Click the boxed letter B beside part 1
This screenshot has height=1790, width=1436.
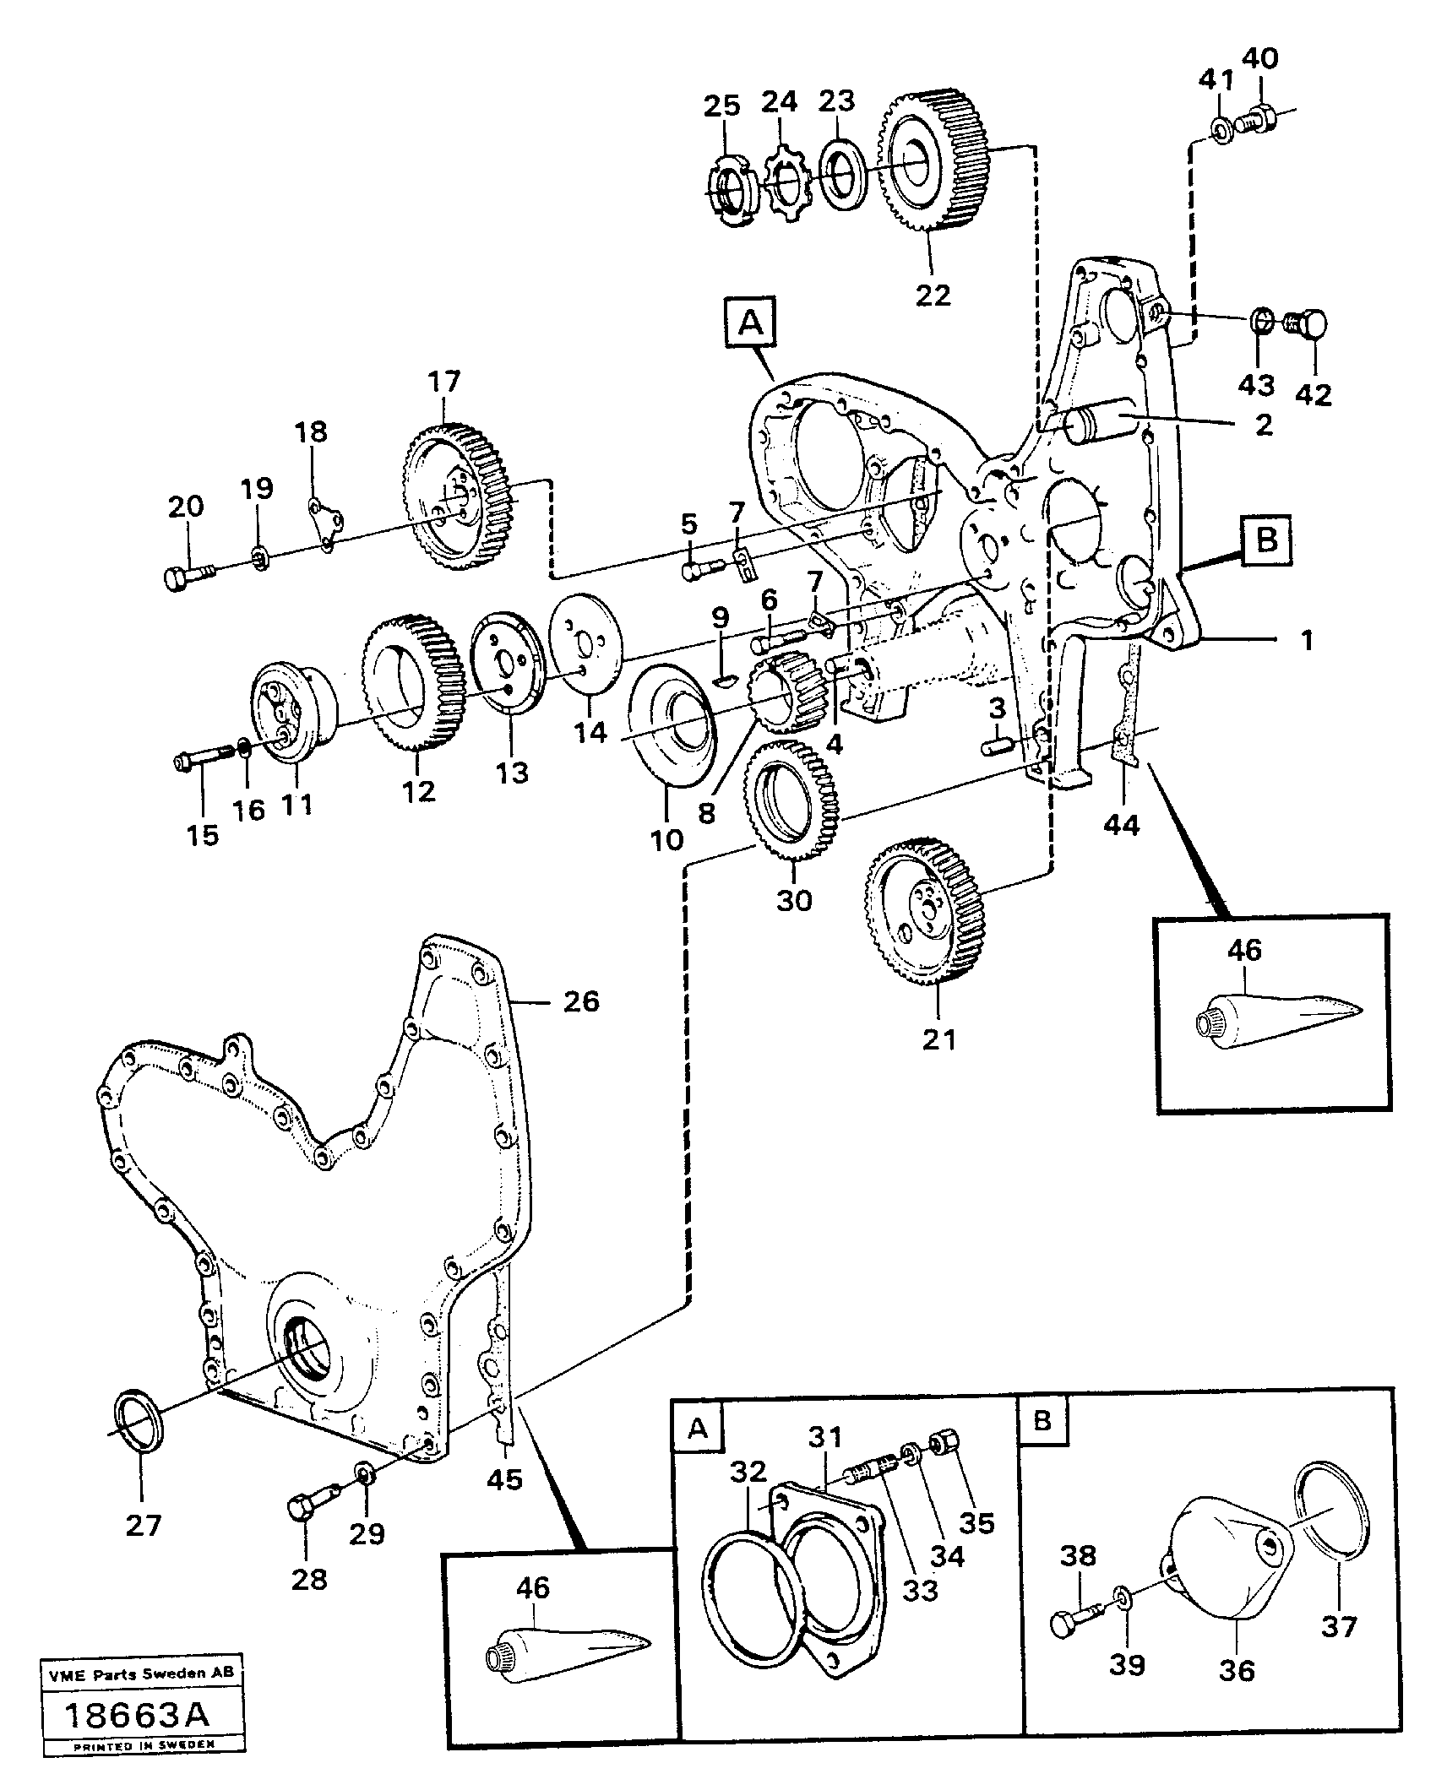pyautogui.click(x=1266, y=541)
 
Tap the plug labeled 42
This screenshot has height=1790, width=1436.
pyautogui.click(x=1306, y=325)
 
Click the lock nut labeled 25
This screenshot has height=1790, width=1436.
pyautogui.click(x=730, y=193)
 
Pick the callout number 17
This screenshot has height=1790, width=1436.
pyautogui.click(x=443, y=382)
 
